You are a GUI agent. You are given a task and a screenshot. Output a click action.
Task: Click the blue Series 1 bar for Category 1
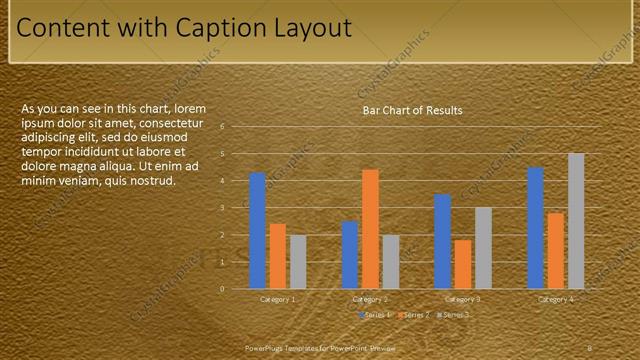coord(257,231)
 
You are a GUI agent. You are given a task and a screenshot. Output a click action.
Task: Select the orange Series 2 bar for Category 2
coord(370,229)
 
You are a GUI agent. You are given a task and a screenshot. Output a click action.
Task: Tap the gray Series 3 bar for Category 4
coord(576,221)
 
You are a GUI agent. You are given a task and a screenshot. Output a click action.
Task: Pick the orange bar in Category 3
coord(463,264)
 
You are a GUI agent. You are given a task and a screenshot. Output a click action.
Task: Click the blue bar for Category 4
coord(535,228)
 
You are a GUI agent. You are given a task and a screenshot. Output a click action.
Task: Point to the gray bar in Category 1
coord(298,262)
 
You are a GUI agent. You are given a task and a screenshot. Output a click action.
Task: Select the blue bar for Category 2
coord(350,255)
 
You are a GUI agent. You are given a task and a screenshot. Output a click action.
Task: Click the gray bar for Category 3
coord(483,248)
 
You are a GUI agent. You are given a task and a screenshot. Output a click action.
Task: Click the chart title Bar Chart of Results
coord(412,110)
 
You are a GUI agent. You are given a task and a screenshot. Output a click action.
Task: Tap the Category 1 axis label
coord(277,299)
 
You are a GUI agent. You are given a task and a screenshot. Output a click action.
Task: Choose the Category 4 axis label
coord(556,299)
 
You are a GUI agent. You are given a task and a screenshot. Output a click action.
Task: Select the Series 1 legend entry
coord(375,315)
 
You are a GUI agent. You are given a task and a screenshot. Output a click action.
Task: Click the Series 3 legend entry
coord(455,315)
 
